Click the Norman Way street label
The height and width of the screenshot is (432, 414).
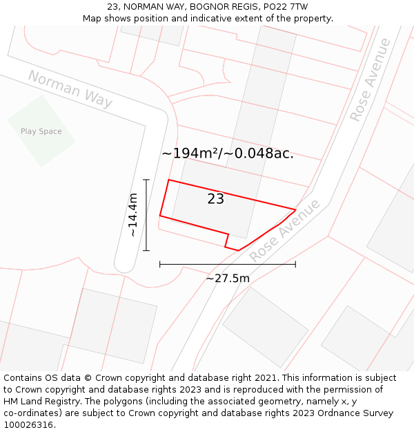coord(70,89)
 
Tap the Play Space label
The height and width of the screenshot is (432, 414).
coord(41,131)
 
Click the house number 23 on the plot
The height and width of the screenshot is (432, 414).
coord(215,199)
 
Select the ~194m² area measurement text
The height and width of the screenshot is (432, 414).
coord(190,153)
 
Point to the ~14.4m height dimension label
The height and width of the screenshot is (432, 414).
coord(132,215)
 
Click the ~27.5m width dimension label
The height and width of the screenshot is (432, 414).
coord(228,279)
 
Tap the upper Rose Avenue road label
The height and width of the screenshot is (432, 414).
coord(370,80)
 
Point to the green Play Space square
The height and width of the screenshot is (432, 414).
coord(41,130)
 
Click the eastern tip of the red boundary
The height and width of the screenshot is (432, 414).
coord(295,209)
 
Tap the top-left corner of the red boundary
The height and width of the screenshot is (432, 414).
coord(168,180)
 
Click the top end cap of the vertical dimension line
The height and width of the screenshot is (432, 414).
coord(146,180)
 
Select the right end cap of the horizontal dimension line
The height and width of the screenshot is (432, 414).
coord(295,263)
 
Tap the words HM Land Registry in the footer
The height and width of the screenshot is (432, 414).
coord(39,402)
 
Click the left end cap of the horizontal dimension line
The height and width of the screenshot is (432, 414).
coord(159,263)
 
